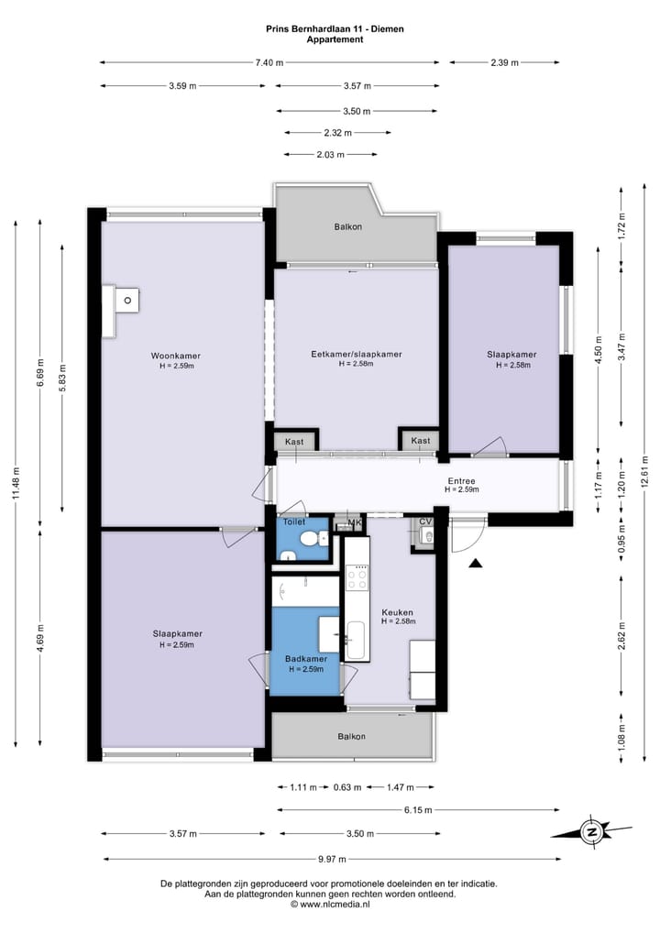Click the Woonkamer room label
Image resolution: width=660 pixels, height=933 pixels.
click(176, 356)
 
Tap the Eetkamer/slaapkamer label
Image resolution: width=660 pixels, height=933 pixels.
click(356, 354)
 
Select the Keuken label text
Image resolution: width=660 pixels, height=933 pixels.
click(398, 612)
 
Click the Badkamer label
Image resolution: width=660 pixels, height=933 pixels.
click(305, 659)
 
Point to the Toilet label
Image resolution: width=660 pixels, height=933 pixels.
click(293, 521)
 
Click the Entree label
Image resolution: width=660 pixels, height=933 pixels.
click(461, 480)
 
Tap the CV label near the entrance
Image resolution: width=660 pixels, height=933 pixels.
click(424, 522)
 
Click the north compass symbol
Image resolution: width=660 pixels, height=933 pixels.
click(591, 832)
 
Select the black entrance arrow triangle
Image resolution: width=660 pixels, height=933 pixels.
click(475, 564)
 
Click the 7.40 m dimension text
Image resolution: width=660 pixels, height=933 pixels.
click(269, 62)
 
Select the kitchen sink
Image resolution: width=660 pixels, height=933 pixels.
click(356, 640)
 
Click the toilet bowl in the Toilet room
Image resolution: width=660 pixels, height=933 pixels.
click(320, 539)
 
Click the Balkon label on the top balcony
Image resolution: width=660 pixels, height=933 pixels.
click(347, 226)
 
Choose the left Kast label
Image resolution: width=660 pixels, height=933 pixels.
click(294, 442)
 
